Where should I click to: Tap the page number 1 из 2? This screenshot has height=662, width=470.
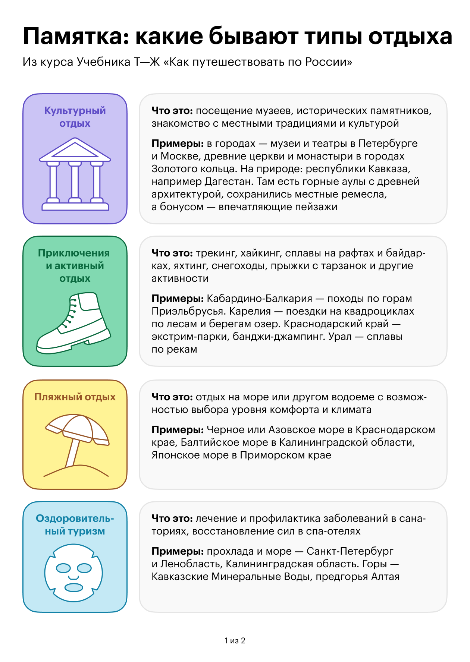[235, 640]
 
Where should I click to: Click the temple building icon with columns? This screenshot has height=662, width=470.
[75, 174]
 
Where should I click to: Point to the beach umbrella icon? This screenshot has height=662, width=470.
[77, 445]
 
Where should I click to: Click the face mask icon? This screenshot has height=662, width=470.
[73, 573]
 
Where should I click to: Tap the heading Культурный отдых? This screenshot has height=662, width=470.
[75, 117]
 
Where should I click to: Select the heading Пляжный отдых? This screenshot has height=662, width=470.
[75, 397]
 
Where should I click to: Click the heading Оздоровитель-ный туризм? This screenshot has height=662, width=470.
[75, 524]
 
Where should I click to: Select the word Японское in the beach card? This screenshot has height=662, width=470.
[175, 455]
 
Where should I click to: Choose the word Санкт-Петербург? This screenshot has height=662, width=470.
[350, 551]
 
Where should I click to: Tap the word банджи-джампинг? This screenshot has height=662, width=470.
[279, 337]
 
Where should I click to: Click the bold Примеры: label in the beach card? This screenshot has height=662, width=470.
[178, 430]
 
